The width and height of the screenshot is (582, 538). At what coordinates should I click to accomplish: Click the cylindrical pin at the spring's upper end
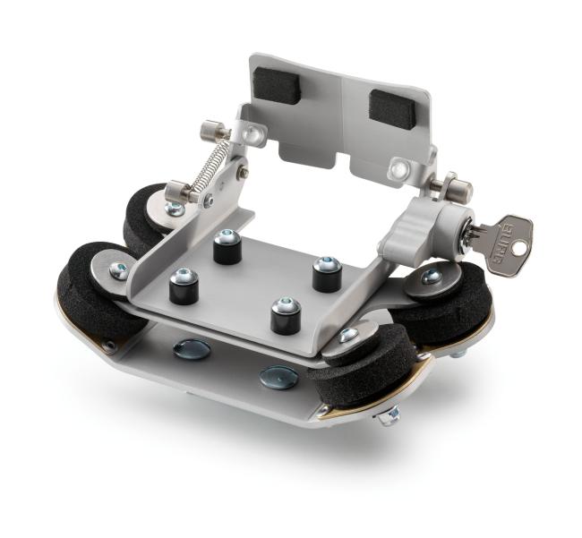tap(214, 132)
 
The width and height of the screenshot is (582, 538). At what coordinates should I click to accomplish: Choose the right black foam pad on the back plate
tap(389, 107)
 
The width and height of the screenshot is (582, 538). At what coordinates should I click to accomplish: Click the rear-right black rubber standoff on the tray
tap(326, 274)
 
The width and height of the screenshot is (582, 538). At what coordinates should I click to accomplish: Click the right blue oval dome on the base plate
tap(278, 377)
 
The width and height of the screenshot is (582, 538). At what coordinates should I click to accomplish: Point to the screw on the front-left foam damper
tap(118, 269)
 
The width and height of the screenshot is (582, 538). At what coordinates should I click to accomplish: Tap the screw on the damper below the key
tap(431, 278)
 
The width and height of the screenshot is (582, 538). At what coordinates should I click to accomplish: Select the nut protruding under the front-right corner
tap(389, 416)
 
